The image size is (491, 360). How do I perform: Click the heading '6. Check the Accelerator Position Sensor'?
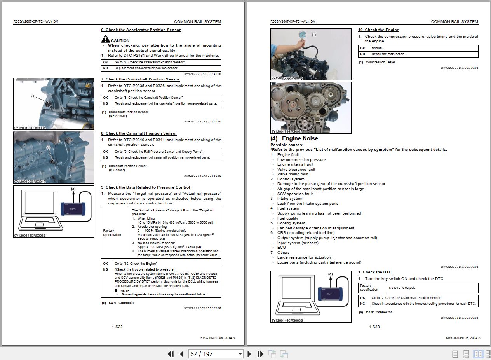(141, 30)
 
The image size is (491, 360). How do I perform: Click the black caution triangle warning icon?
(105, 39)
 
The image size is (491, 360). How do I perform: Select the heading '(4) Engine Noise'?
(294, 138)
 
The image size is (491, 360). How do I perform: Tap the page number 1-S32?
(117, 327)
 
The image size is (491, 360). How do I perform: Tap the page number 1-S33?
(374, 327)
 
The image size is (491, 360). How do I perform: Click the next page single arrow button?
(249, 354)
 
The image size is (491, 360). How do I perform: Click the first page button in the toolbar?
(171, 354)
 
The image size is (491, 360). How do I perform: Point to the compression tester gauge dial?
(303, 35)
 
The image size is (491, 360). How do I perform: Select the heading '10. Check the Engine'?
(378, 30)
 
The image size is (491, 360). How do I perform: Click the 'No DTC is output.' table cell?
(433, 288)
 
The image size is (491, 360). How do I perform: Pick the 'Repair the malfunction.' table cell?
(424, 54)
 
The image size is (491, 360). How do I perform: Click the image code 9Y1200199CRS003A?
(30, 128)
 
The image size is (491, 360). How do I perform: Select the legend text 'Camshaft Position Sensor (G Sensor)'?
(127, 168)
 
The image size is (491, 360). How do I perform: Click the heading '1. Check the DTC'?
(374, 272)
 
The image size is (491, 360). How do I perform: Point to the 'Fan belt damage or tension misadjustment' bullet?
(315, 228)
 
